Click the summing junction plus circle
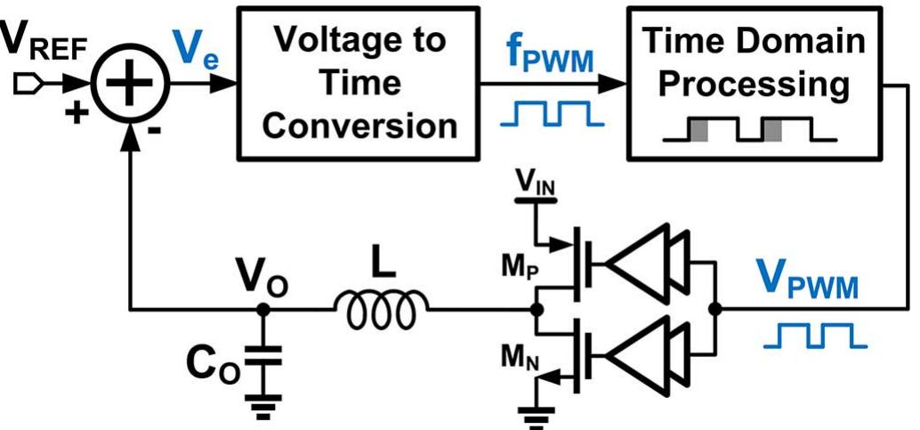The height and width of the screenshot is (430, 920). pyautogui.click(x=132, y=86)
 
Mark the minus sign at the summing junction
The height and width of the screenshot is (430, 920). pyautogui.click(x=156, y=131)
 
